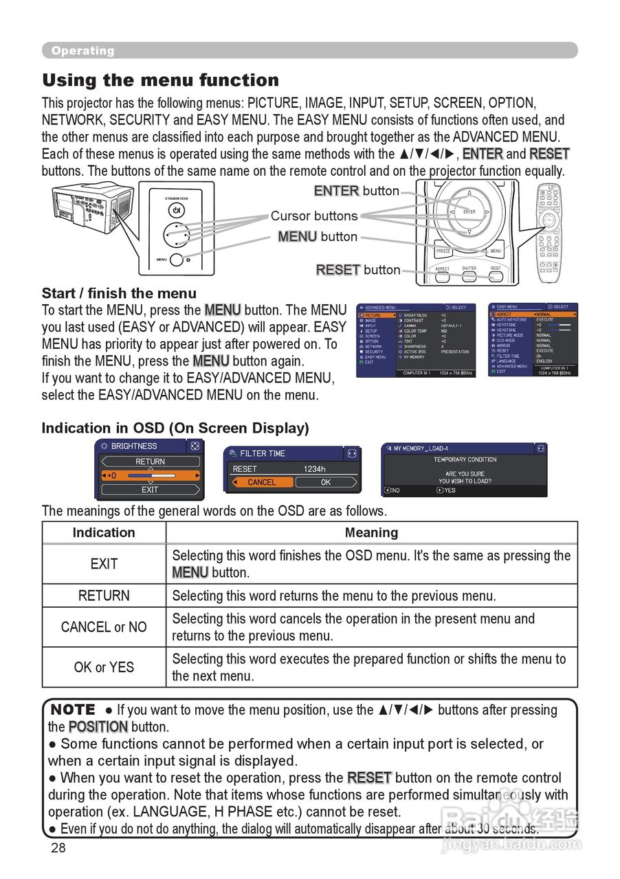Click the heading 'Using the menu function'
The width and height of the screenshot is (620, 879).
(160, 80)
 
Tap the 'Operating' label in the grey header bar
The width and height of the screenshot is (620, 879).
(82, 51)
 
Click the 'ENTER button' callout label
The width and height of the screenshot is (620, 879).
(356, 191)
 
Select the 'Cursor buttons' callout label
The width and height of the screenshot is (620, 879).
(313, 216)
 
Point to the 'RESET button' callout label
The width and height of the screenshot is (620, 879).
(357, 270)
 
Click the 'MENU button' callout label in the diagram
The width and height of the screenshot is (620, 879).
(318, 237)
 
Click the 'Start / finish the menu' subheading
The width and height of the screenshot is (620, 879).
(119, 293)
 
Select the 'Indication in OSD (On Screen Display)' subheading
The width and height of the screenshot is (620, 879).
(175, 428)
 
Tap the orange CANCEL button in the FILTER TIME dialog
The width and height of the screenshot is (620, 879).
(261, 482)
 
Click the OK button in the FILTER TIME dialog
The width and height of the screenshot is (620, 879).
(326, 482)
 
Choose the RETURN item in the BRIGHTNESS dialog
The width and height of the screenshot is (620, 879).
(150, 461)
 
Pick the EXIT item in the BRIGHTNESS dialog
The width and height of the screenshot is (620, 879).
(150, 490)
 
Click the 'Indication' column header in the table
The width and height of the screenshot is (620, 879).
(104, 533)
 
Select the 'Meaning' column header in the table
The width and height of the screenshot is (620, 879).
(371, 533)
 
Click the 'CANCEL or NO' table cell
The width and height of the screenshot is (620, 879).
(104, 627)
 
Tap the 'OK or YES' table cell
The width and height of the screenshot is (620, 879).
(104, 667)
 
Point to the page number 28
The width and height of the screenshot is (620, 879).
(58, 847)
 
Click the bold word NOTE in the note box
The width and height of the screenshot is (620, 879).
(73, 709)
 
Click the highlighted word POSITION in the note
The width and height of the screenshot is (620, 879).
(98, 727)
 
